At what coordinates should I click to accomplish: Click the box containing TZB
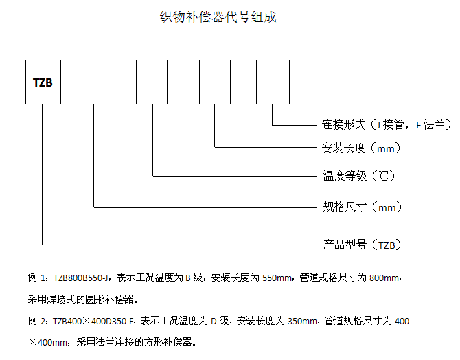point(43,82)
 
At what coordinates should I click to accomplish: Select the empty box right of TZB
point(96,82)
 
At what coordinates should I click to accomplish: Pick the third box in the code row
point(151,82)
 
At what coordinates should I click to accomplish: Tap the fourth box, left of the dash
point(215,82)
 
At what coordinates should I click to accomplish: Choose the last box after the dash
point(273,82)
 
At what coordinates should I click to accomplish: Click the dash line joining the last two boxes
point(244,82)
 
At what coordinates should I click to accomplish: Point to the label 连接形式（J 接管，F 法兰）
point(387,125)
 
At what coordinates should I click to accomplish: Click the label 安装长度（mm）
point(361,147)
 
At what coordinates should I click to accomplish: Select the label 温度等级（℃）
point(359,176)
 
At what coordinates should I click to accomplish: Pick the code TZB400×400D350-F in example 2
point(95,320)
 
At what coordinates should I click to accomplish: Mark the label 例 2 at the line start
point(36,320)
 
